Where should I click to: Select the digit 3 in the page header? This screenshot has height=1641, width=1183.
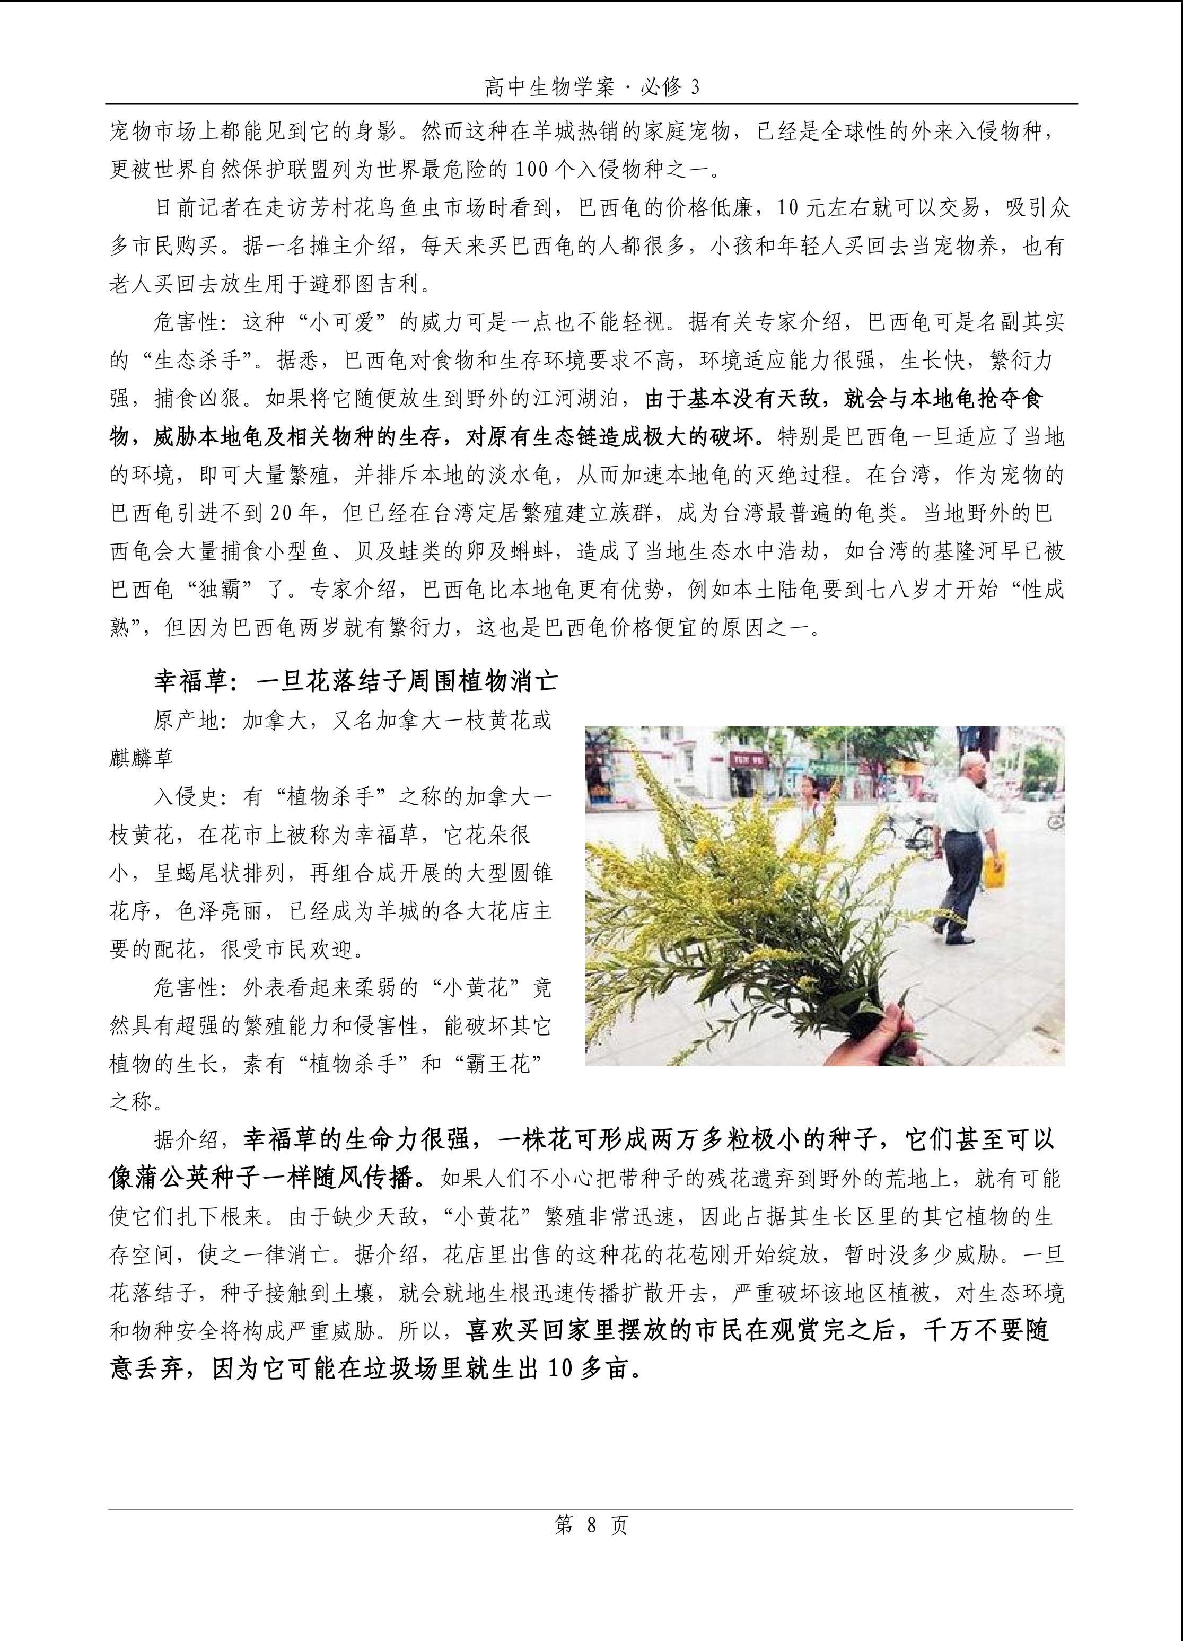point(695,88)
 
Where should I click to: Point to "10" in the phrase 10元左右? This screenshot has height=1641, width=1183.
point(788,208)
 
